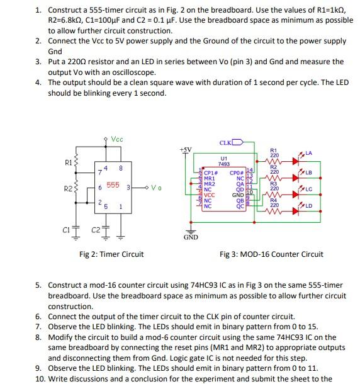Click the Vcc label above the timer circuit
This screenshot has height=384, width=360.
pos(117,139)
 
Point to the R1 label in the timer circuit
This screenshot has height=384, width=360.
pos(70,162)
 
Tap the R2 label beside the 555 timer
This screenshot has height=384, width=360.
pos(70,188)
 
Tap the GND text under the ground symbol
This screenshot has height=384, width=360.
pos(191,237)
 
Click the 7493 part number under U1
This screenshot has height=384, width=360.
pos(223,164)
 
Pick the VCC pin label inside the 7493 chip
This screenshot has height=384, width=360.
pos(210,195)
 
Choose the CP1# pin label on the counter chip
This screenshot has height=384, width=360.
pos(210,173)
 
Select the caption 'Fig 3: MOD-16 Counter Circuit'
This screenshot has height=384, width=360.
pos(271,254)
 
